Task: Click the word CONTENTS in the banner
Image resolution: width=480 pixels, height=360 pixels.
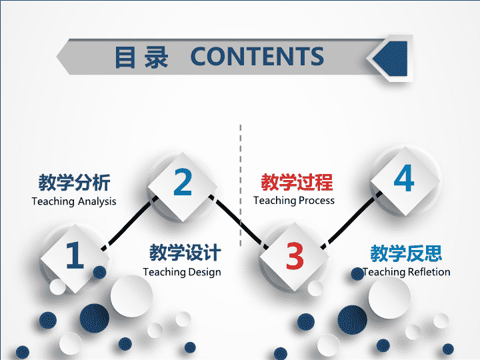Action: (x=257, y=56)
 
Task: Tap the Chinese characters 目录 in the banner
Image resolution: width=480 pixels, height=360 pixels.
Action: (x=141, y=57)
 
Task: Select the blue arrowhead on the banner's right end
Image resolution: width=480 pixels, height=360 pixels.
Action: (x=390, y=59)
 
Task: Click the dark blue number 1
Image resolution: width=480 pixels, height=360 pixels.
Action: (x=75, y=255)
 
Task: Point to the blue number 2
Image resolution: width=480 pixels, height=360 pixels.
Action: (x=183, y=182)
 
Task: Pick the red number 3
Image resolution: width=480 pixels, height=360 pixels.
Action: (x=295, y=255)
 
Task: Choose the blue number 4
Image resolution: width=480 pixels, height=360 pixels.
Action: (x=404, y=178)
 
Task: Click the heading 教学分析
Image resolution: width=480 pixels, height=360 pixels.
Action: (x=74, y=183)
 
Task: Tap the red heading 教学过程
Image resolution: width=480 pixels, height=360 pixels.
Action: (x=297, y=182)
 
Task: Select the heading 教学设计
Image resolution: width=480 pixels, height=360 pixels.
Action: (x=185, y=253)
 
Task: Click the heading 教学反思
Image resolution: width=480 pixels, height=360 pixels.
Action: (x=406, y=253)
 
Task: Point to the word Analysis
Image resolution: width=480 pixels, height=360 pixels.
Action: (x=97, y=202)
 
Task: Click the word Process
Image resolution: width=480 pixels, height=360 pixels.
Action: (x=317, y=201)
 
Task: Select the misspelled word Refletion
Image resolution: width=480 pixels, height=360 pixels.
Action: (x=429, y=272)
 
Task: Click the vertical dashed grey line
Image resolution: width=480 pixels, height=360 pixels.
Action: (x=241, y=185)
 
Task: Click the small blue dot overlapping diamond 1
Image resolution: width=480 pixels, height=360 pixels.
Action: (x=99, y=272)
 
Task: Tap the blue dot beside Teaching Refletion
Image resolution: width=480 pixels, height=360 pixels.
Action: (x=357, y=274)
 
